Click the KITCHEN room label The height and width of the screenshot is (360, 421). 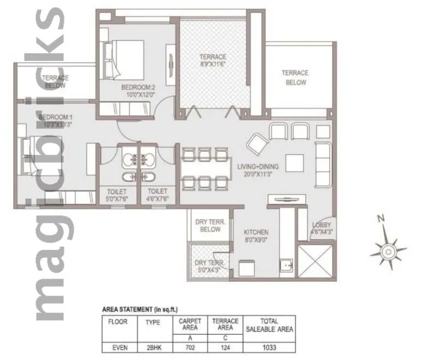pos(256,236)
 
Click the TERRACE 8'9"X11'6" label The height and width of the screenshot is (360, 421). pos(212,60)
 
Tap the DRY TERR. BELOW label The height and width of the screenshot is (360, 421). pos(207,225)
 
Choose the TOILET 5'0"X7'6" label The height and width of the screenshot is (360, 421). pos(117,196)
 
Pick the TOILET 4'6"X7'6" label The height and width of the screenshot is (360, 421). pos(157,196)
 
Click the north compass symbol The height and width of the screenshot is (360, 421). pos(388,251)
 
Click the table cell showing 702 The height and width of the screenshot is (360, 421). pos(190,345)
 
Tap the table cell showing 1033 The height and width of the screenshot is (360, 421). pos(269,345)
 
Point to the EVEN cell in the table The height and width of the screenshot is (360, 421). pos(118,345)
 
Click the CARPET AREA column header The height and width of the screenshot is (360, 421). pos(190,324)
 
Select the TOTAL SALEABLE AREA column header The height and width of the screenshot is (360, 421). pos(269,325)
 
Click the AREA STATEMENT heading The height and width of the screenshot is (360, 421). pos(140,309)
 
